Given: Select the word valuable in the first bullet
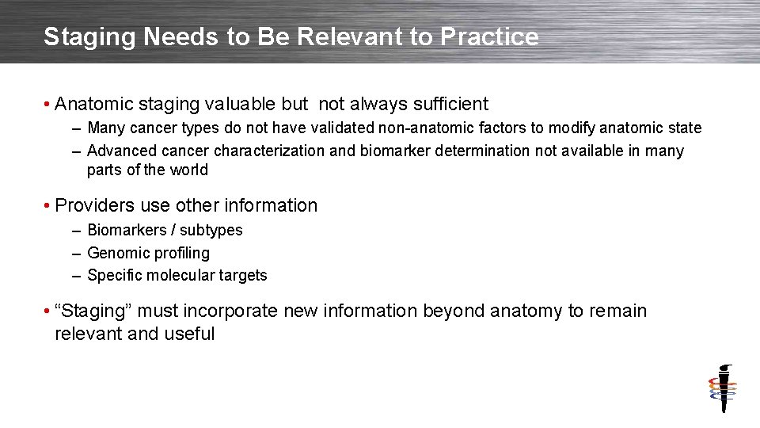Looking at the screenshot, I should [x=237, y=104].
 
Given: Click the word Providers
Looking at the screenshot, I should [x=95, y=205].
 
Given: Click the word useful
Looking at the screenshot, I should [x=189, y=334].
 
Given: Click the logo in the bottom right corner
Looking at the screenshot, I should [x=722, y=388].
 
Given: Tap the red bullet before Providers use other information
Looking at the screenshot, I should [x=48, y=206].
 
